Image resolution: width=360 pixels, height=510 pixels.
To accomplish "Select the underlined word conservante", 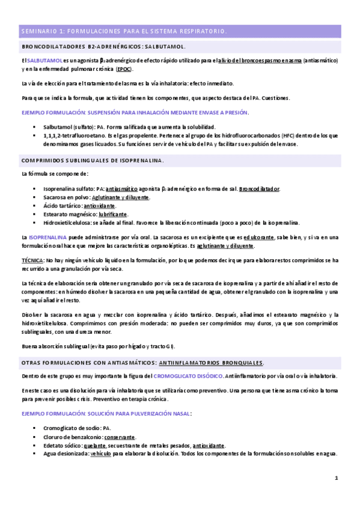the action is click(x=120, y=437).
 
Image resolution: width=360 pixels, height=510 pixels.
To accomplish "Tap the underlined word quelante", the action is click(x=97, y=445).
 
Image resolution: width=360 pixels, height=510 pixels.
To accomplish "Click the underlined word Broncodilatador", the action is click(x=259, y=189).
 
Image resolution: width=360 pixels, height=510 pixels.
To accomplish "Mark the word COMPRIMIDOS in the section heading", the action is click(x=42, y=161).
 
